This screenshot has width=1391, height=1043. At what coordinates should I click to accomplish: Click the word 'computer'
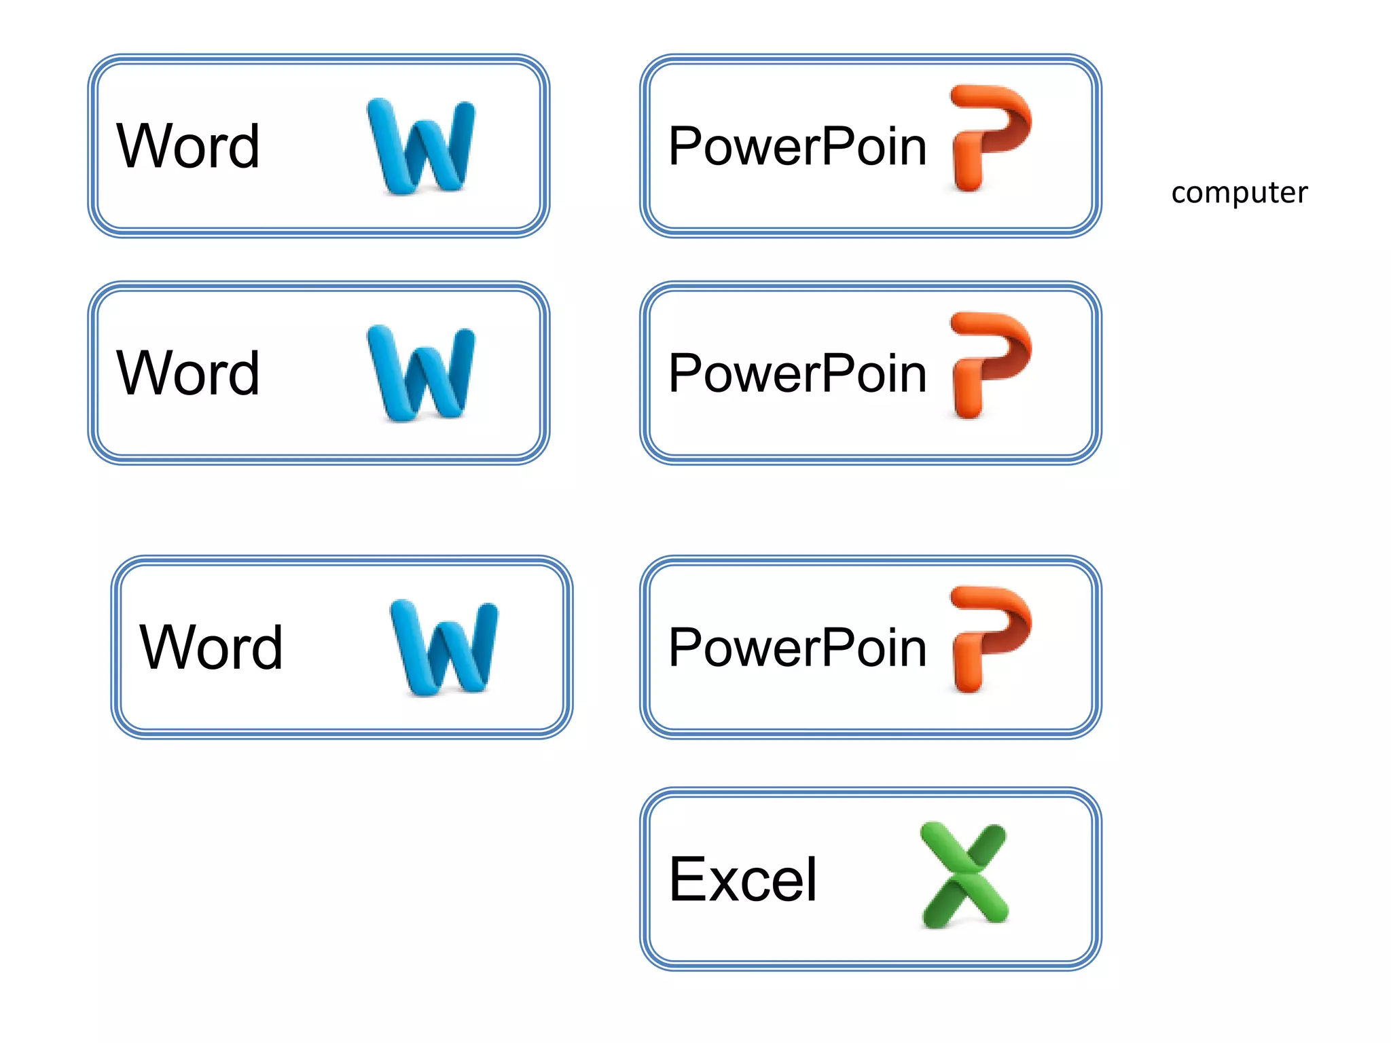coord(1239,193)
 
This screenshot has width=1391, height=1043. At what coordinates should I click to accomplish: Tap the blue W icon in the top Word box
coord(421,146)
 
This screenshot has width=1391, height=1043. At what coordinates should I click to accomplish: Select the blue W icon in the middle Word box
coord(421,373)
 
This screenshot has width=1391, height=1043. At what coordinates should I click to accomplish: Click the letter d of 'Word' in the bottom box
coord(267,647)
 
